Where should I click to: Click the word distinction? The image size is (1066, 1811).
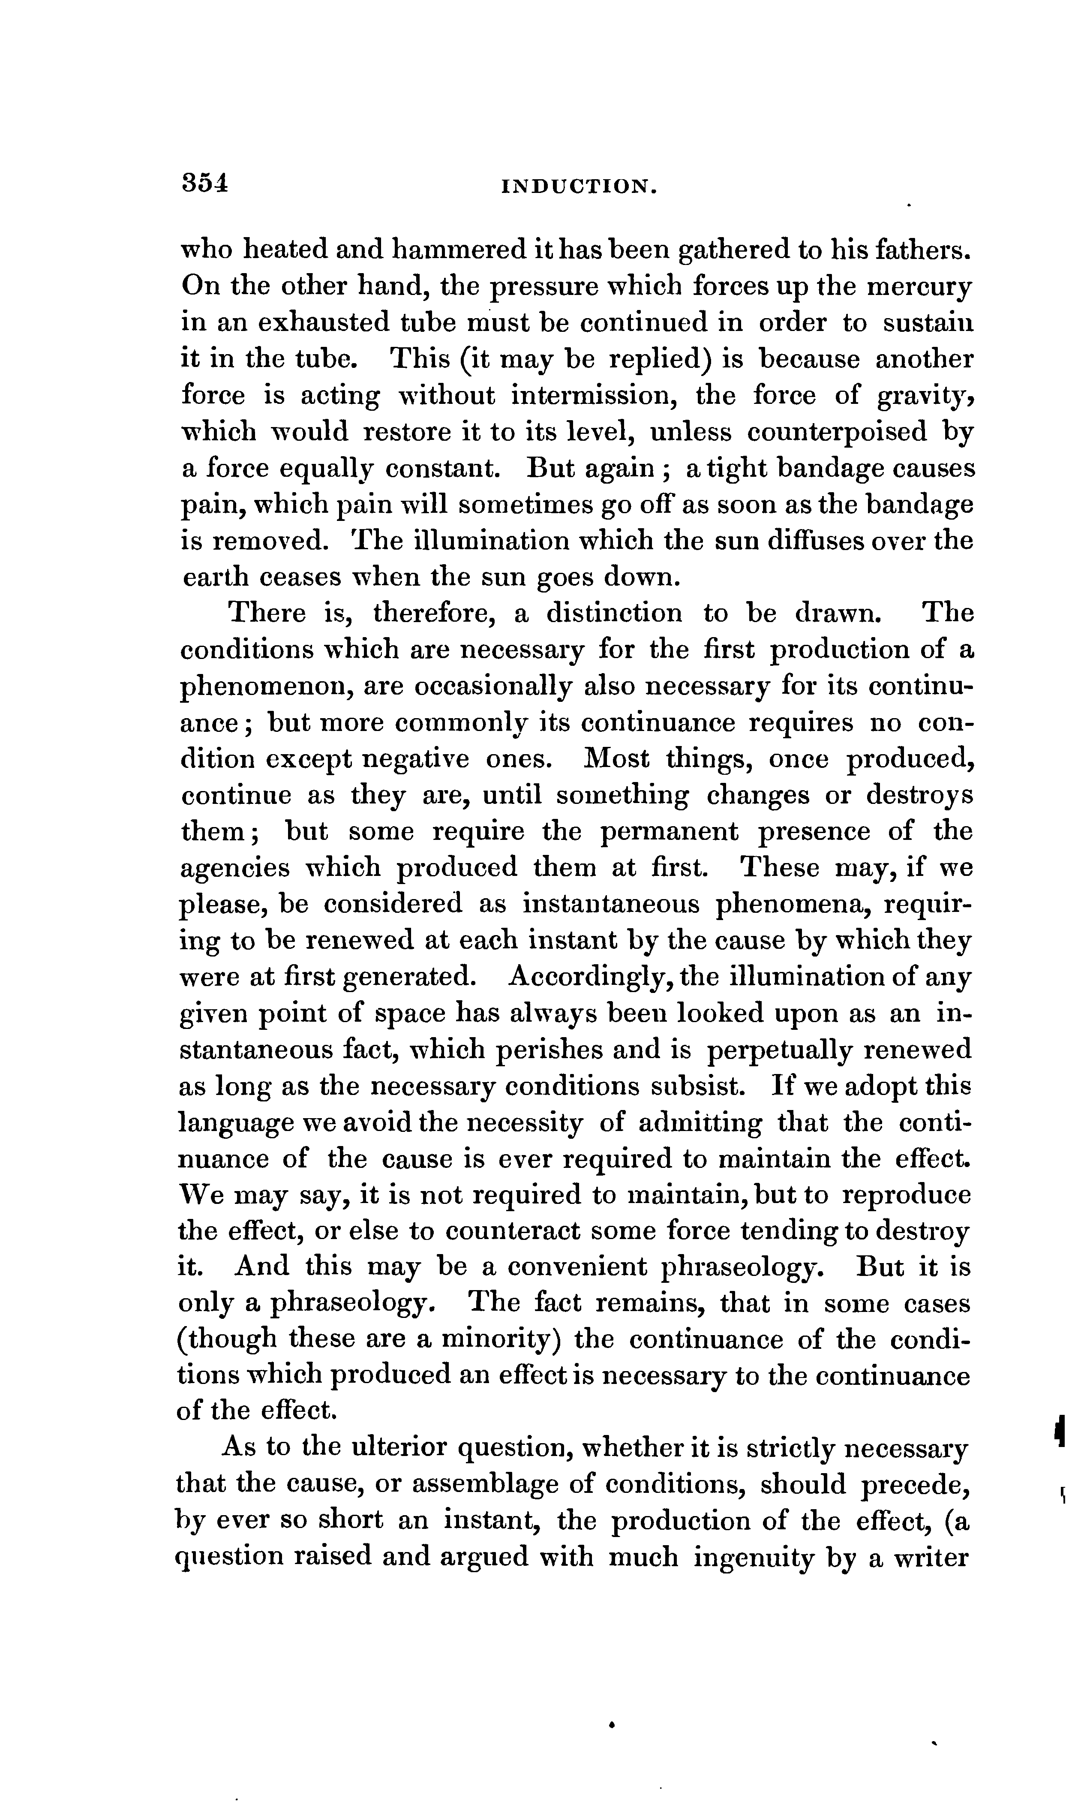point(614,613)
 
